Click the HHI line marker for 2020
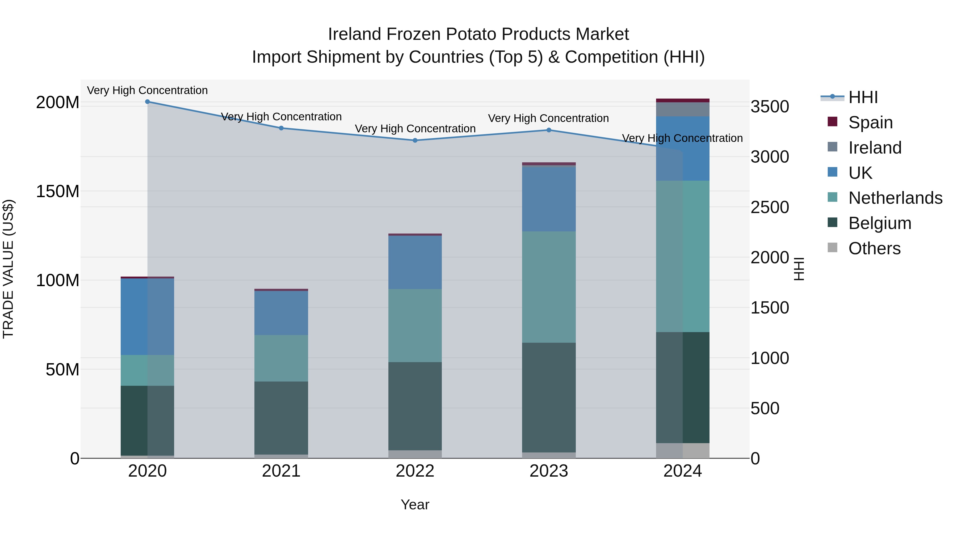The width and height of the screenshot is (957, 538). [148, 102]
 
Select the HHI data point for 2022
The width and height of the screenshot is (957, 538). [415, 140]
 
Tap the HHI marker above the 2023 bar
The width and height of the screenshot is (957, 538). [549, 130]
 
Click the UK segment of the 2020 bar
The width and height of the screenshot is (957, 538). [148, 316]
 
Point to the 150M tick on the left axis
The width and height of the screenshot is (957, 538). [58, 192]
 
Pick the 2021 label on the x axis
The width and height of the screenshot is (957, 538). [281, 471]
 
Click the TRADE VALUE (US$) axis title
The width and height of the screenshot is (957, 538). [8, 269]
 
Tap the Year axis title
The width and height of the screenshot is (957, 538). [415, 505]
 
